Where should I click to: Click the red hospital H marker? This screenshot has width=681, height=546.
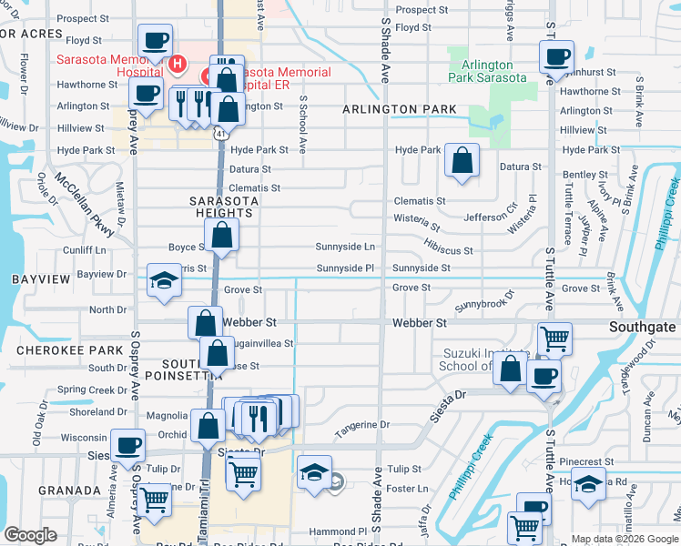178,65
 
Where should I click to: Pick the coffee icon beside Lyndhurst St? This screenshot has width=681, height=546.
556,56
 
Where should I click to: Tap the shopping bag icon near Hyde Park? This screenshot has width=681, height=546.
462,162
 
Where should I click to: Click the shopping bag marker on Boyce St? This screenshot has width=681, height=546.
222,236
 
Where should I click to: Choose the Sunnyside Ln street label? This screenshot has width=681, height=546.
345,247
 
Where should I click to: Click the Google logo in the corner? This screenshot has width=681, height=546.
31,535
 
